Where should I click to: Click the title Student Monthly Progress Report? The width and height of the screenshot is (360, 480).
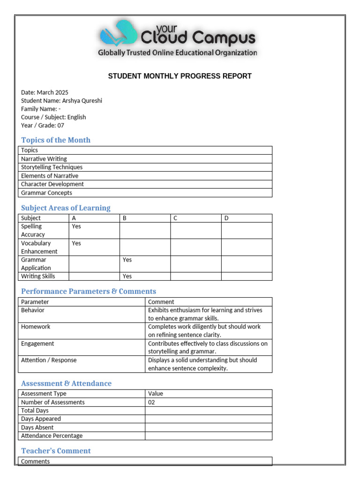(x=180, y=76)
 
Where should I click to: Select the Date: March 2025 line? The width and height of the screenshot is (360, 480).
(x=45, y=92)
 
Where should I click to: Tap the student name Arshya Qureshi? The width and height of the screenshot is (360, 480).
(x=82, y=101)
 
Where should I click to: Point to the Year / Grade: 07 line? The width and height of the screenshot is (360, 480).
(x=43, y=125)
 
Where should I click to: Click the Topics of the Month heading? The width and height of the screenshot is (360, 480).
(x=56, y=140)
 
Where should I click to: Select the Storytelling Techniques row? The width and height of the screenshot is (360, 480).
(x=52, y=167)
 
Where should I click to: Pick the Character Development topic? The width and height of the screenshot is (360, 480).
(x=52, y=184)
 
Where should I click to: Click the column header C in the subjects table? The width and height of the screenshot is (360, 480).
(x=175, y=218)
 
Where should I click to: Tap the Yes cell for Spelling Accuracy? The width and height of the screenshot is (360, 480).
(x=76, y=226)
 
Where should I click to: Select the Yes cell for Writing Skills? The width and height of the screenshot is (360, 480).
(x=127, y=276)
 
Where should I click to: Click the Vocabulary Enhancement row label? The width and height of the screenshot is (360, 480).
(x=39, y=247)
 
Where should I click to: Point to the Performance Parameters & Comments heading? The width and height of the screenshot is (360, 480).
(x=89, y=292)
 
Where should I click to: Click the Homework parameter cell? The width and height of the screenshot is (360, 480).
(x=36, y=327)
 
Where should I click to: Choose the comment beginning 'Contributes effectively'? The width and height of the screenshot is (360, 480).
(x=208, y=347)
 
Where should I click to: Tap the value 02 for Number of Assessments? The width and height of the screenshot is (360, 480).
(x=151, y=402)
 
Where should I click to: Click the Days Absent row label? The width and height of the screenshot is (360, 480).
(x=37, y=427)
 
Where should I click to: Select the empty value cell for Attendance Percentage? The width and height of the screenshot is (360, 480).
(x=208, y=436)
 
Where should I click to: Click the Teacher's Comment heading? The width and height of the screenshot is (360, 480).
(x=56, y=451)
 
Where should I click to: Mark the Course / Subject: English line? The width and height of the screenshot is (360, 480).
(x=53, y=117)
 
